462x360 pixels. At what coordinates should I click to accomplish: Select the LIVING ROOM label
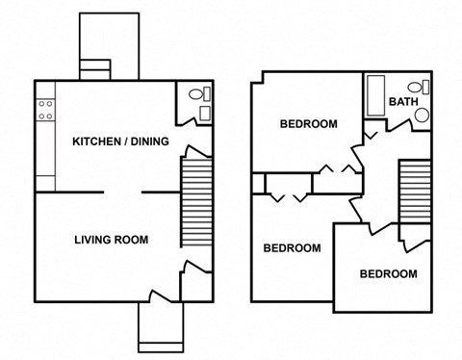(x=112, y=240)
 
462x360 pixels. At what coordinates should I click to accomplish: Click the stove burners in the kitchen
(x=44, y=110)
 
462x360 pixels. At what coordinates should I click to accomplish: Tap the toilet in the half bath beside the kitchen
(x=196, y=94)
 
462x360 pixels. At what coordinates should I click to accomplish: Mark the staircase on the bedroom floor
(x=414, y=190)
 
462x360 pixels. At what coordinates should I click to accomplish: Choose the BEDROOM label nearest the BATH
(x=308, y=124)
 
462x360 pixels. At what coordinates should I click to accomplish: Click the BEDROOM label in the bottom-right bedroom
(x=388, y=274)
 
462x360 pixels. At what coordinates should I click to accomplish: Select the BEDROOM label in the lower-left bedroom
(x=292, y=248)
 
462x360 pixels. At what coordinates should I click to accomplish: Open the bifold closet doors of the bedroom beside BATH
(x=339, y=170)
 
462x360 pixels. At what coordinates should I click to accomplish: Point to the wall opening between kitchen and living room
(x=122, y=192)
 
